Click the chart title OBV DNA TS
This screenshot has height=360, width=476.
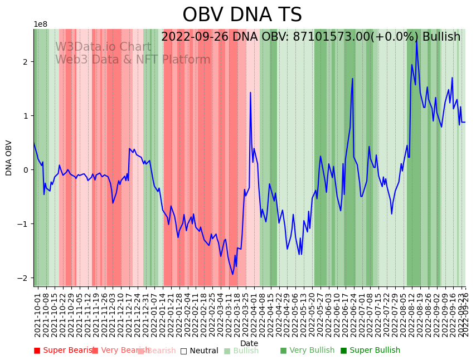point(242,15)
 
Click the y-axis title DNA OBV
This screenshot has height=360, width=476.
point(9,158)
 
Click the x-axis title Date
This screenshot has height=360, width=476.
point(249,344)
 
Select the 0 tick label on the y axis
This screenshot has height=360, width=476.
point(25,170)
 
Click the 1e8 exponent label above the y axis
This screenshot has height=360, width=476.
point(41,25)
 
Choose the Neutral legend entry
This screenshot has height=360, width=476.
point(199,351)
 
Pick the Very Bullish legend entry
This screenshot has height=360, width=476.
point(307,351)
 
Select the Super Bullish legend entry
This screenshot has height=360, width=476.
point(370,351)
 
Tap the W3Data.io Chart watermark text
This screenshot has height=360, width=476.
point(103,47)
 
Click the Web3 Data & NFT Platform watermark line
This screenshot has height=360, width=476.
point(133,60)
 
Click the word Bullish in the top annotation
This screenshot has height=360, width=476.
point(441,37)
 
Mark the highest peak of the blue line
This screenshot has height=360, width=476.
point(416,40)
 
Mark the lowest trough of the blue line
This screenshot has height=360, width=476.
point(233,274)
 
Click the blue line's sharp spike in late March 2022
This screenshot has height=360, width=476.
point(250,93)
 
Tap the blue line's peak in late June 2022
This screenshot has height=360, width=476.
point(353,79)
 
